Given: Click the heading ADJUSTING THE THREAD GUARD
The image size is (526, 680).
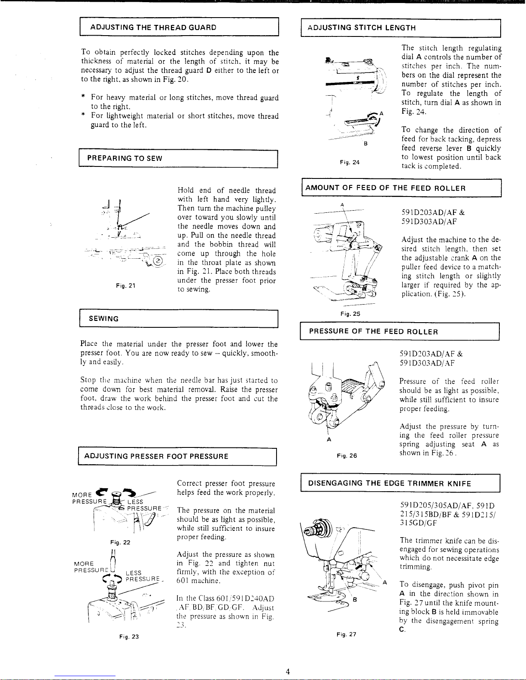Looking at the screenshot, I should [153, 28].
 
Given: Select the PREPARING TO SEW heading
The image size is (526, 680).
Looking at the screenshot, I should [125, 158].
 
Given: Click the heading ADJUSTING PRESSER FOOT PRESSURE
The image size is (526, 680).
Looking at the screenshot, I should [156, 456].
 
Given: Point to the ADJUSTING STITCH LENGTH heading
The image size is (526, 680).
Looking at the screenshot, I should [362, 28].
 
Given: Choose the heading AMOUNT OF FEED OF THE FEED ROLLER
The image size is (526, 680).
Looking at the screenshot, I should [385, 188].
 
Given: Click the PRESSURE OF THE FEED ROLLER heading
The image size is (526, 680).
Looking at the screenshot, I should [373, 332].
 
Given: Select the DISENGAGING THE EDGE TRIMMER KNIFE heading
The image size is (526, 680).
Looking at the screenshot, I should [389, 484].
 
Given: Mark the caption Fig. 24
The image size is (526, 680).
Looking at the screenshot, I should [350, 162].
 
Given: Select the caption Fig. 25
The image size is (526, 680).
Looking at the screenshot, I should [350, 314].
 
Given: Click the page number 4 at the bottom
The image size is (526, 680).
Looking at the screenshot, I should [288, 671].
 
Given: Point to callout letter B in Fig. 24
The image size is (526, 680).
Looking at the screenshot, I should [365, 143].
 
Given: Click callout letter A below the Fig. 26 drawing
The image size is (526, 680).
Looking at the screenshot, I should [328, 439].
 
